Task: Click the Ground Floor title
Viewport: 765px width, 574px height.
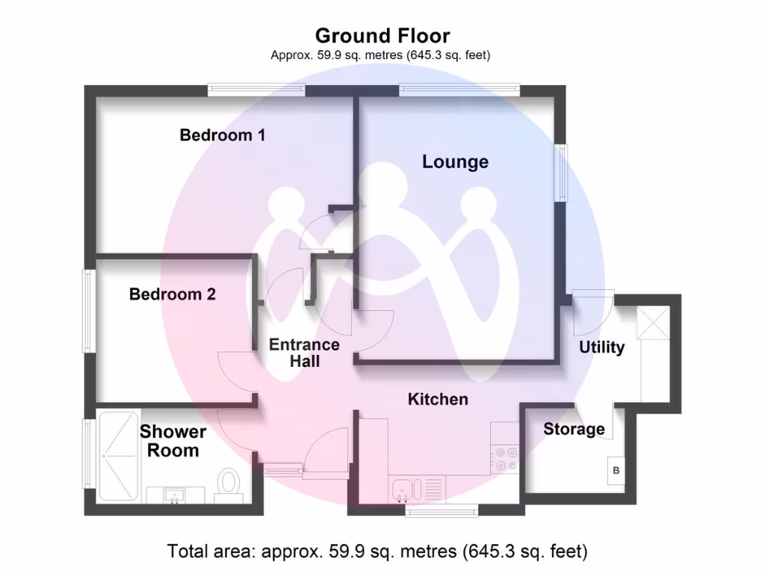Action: [x=382, y=35]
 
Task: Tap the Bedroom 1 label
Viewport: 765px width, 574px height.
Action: [x=223, y=135]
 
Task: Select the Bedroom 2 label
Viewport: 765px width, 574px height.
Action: [x=173, y=294]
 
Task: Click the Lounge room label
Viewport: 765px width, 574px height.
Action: [x=455, y=161]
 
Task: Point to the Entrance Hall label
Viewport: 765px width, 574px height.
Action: [x=304, y=353]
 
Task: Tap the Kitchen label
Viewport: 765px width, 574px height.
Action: [x=438, y=399]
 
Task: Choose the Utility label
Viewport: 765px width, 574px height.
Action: [x=601, y=348]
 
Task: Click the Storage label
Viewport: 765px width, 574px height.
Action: [x=574, y=429]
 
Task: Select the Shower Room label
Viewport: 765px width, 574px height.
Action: [x=173, y=441]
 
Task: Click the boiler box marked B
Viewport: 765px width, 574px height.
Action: [x=616, y=471]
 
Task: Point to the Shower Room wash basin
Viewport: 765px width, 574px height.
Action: [x=175, y=495]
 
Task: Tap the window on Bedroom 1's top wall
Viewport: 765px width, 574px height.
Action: [x=256, y=90]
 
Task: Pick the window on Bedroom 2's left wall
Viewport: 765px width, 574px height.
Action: [x=88, y=310]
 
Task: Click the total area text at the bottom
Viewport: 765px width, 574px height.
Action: [x=377, y=552]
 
